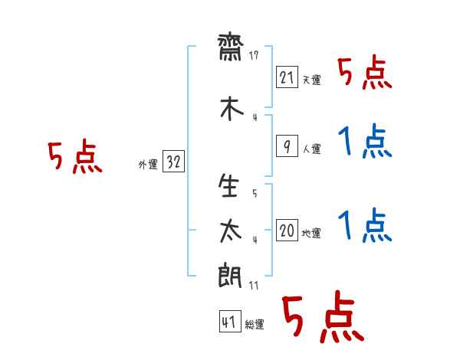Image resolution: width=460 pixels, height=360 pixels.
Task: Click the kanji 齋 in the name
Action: pos(230,47)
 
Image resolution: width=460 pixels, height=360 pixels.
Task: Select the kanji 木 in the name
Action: pos(232,108)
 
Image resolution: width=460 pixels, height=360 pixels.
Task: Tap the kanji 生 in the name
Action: pos(228,185)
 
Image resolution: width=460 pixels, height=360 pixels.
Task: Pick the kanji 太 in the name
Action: pos(231,231)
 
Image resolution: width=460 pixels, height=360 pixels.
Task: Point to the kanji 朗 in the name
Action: pos(230,275)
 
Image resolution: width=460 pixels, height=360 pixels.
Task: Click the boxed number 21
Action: pos(287,77)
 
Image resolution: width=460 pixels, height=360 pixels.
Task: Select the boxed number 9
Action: pos(287,146)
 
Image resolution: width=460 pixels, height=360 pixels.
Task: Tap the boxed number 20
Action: pos(287,230)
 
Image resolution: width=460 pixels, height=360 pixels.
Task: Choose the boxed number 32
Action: pos(173,161)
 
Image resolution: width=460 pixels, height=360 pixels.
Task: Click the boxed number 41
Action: pos(230,321)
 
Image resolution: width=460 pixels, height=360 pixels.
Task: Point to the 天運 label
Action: pos(312,80)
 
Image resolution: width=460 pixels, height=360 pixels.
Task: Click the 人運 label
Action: pos(312,149)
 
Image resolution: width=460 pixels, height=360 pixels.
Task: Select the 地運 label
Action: pos(311,233)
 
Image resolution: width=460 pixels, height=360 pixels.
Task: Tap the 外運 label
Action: pos(148,165)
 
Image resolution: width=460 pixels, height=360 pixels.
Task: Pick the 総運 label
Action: pos(255,325)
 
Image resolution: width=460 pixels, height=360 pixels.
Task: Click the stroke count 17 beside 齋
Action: pos(254,55)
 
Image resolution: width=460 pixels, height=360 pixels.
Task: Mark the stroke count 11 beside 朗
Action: pos(254,285)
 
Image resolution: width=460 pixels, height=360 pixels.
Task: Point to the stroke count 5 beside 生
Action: pos(255,193)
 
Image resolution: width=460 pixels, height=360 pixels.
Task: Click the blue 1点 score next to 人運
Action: pos(365,141)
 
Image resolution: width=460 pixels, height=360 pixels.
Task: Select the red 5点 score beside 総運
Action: pos(323,316)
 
